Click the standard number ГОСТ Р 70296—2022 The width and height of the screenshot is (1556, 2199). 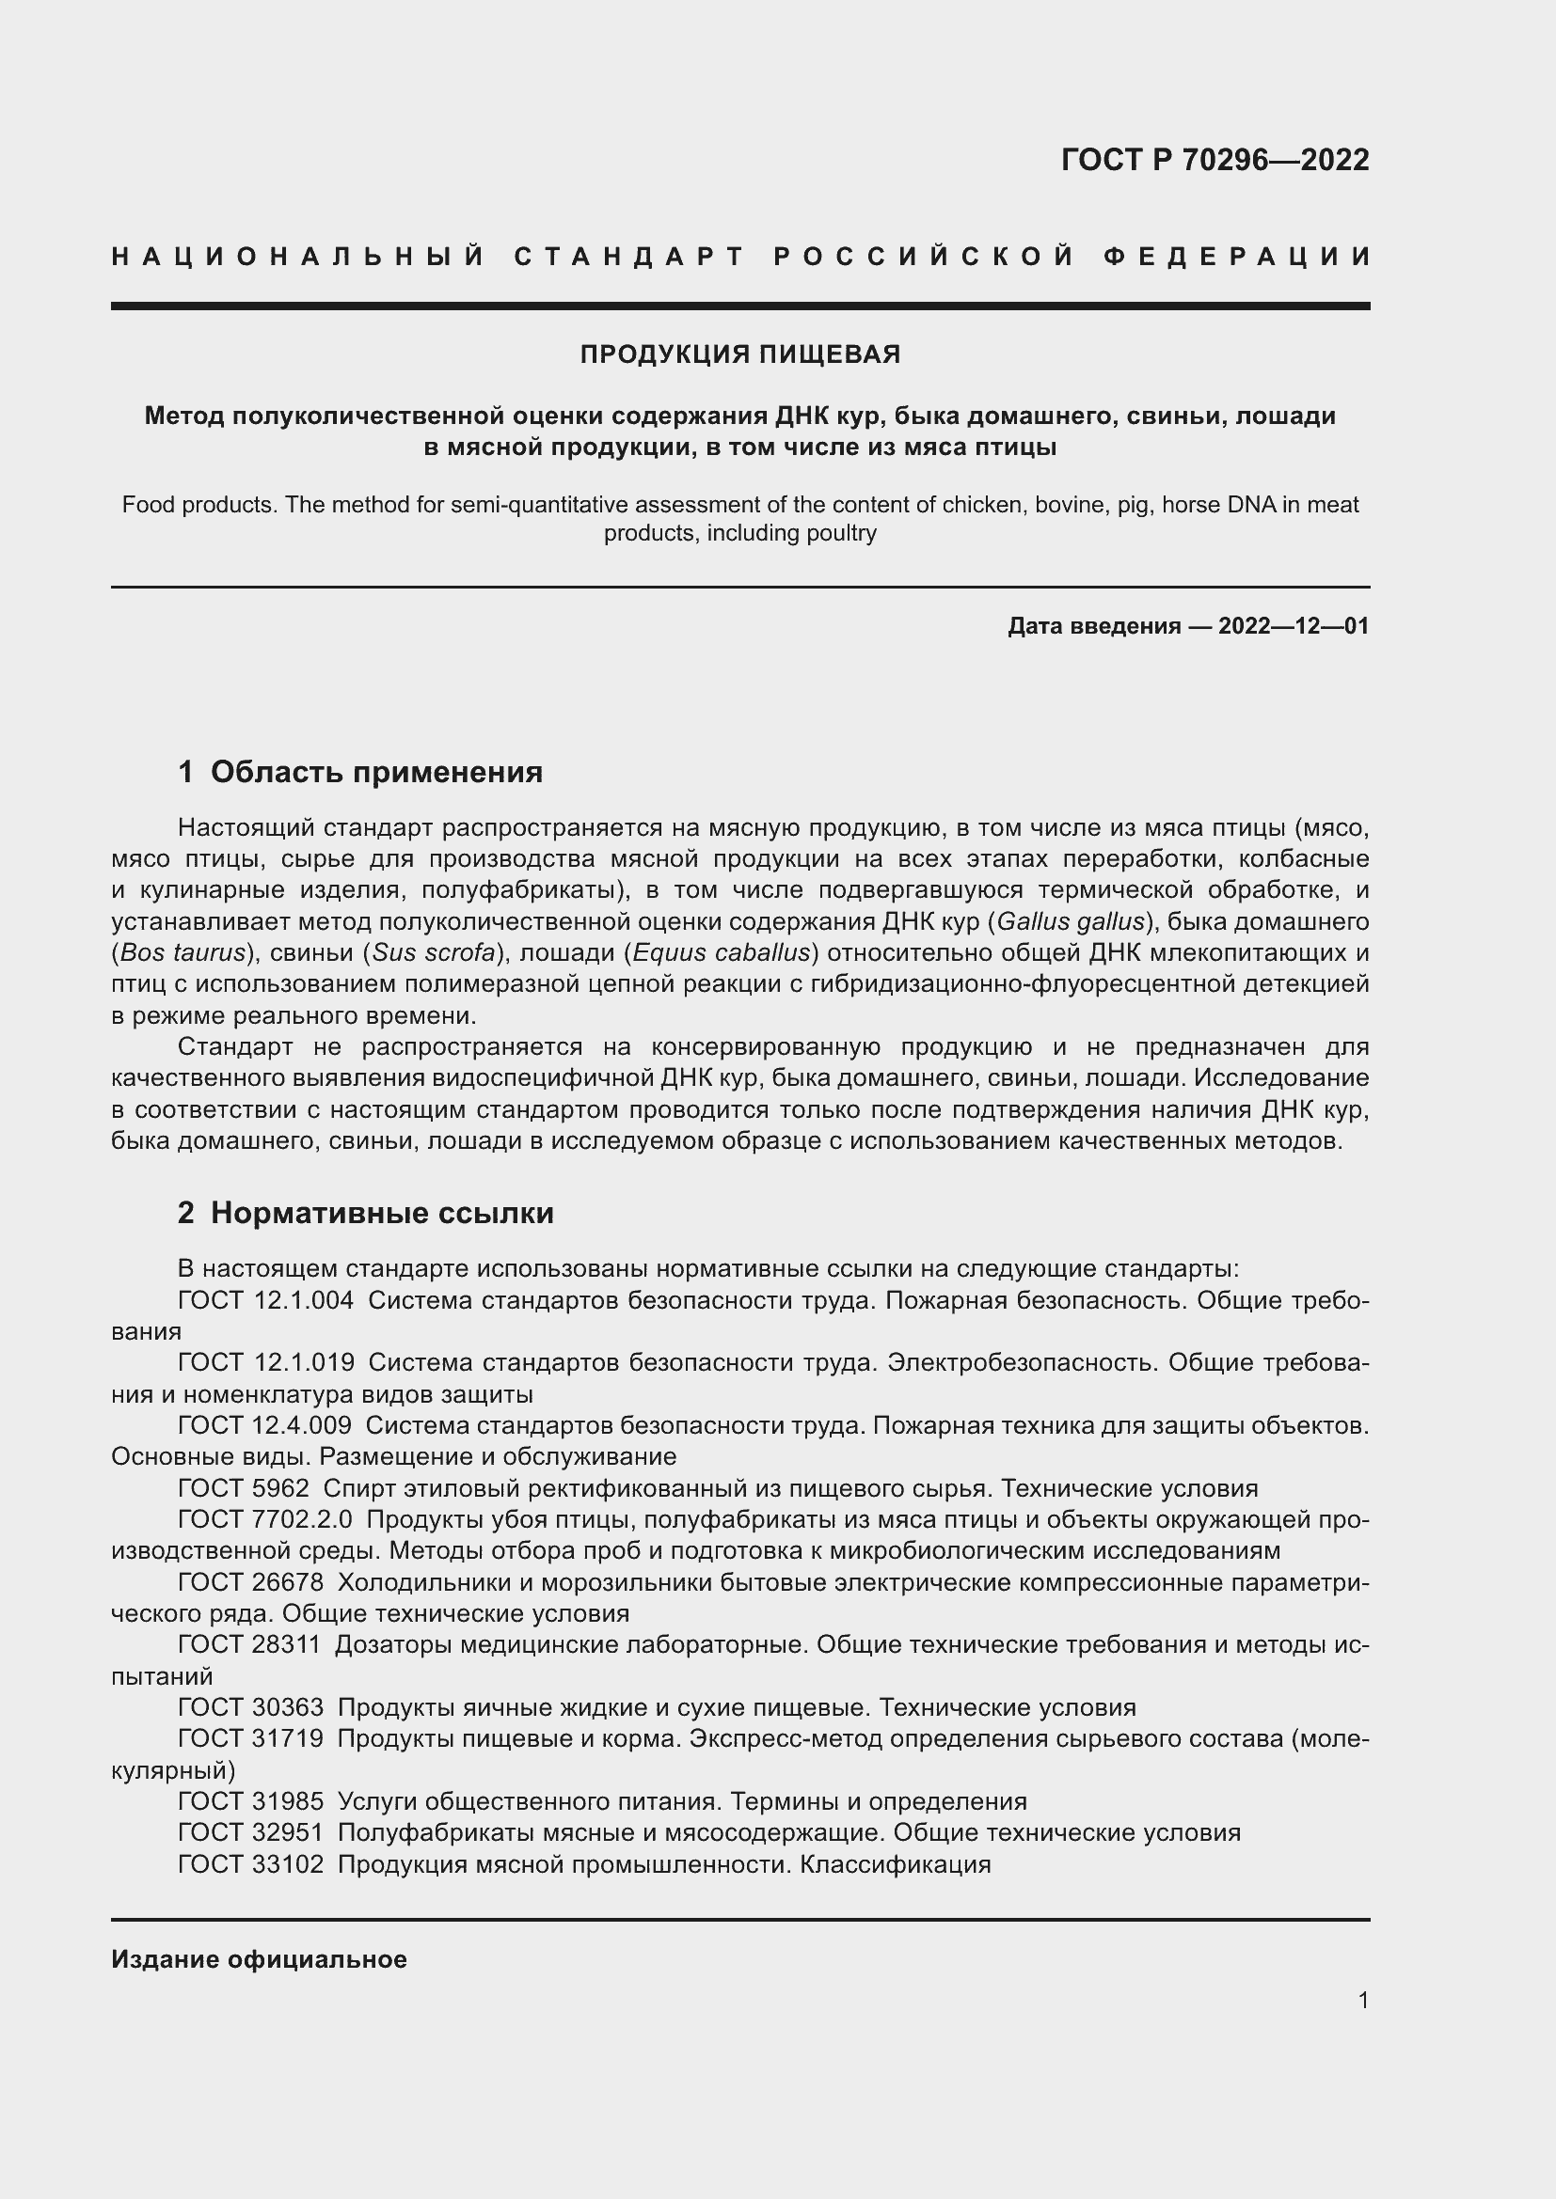[1215, 160]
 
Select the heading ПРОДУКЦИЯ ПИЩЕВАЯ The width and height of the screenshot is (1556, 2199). [739, 354]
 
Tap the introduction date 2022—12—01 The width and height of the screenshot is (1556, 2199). [1294, 626]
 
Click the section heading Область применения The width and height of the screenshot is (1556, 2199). [375, 772]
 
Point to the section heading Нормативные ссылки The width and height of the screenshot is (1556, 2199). [381, 1214]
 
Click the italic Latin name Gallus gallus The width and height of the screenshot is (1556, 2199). [1072, 921]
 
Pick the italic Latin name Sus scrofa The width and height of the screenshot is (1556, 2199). [434, 953]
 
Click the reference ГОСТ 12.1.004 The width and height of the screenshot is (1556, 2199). [265, 1300]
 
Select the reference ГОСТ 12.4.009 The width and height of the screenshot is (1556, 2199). [264, 1425]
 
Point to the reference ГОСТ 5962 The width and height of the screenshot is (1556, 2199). [244, 1488]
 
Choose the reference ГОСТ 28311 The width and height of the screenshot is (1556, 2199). [250, 1644]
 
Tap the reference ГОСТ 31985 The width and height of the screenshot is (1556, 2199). [250, 1801]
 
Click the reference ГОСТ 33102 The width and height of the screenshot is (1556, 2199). [250, 1863]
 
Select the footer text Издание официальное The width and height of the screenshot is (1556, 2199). [259, 1959]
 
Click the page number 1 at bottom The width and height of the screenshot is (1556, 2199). [1363, 2000]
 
